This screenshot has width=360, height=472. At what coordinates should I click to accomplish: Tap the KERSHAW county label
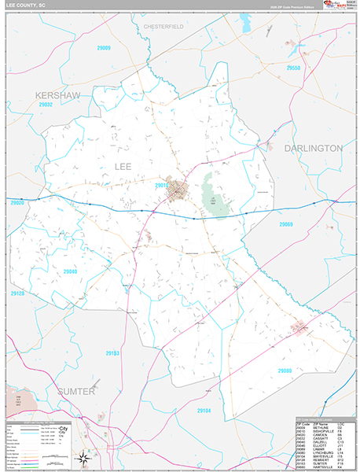coord(57,94)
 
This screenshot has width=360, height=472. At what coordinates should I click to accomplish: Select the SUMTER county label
coord(75,391)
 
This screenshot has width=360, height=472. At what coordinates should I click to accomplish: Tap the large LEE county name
coord(123,167)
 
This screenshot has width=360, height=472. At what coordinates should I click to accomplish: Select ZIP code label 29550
coord(292,68)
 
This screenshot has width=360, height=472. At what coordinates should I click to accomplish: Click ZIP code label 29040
coord(70,271)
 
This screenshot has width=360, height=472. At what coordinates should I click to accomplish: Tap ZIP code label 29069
coord(285,224)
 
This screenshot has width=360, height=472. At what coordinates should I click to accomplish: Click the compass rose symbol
coord(82,458)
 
